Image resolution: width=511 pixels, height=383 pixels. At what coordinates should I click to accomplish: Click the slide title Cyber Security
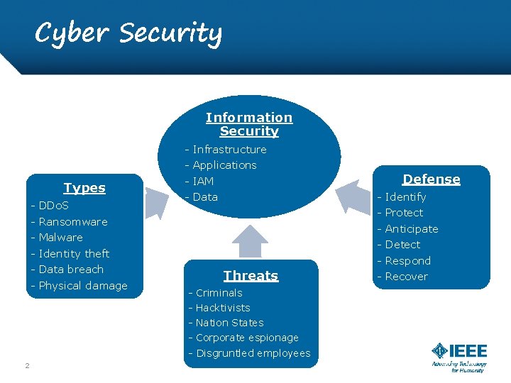point(128,33)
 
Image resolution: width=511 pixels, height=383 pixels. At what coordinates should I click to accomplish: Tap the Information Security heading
point(249,124)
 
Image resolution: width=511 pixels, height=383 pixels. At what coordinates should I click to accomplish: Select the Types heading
point(84,188)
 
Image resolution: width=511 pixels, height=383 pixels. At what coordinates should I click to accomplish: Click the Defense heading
point(432,179)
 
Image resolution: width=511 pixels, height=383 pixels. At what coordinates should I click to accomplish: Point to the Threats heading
point(251,276)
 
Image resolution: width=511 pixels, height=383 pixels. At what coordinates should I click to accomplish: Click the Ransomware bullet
point(73,222)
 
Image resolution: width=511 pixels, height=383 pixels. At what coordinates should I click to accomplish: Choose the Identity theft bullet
point(74,254)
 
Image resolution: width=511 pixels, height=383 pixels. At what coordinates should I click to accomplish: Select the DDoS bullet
point(53,206)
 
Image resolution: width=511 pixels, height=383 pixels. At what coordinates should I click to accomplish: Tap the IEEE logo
point(459,357)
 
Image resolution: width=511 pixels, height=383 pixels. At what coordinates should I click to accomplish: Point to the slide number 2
point(27,365)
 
